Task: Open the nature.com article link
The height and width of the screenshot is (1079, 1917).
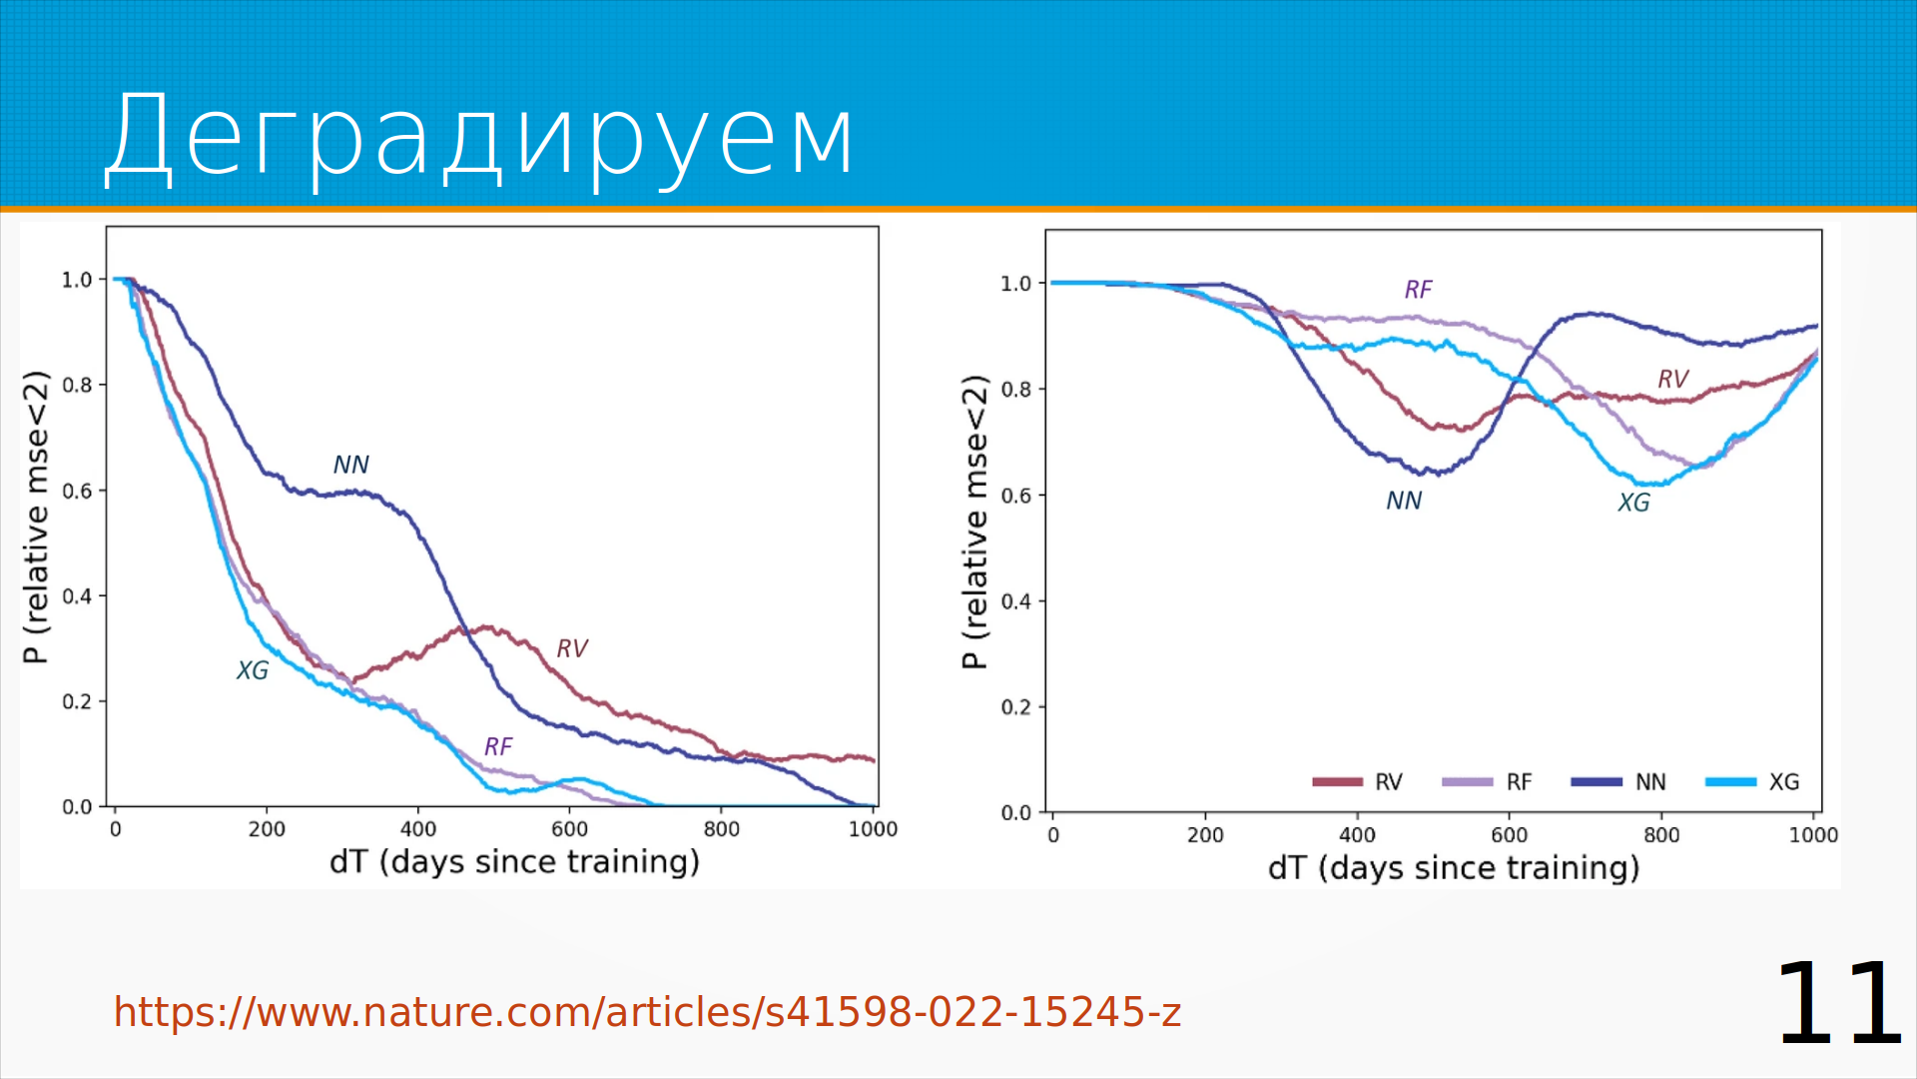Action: (647, 1012)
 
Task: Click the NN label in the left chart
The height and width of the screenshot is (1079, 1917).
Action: (350, 465)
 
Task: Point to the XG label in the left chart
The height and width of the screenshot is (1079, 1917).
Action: (253, 670)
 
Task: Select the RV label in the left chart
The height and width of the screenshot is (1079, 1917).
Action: (572, 649)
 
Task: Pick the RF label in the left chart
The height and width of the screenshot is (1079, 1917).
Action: (498, 746)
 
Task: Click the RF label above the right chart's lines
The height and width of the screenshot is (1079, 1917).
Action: (1418, 290)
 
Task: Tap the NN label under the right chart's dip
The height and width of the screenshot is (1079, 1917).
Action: (1404, 501)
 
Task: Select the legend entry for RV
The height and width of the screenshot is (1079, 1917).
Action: (1359, 782)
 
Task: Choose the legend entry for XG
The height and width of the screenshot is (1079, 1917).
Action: (1753, 782)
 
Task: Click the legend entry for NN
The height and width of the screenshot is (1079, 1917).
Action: (1619, 782)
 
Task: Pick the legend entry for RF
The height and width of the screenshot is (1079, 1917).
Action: (1488, 782)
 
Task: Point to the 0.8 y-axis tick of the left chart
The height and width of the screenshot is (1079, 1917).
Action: (77, 386)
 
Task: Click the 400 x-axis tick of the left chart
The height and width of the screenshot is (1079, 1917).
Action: (418, 829)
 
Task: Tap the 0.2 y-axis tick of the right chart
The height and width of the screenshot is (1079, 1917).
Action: (1016, 707)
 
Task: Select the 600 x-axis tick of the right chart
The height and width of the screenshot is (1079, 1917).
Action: (1509, 835)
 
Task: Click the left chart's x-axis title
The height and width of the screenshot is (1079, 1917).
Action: (514, 862)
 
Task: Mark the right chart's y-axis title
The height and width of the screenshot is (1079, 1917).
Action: (975, 522)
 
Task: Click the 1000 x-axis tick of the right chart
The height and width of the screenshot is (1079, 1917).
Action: (1813, 835)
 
